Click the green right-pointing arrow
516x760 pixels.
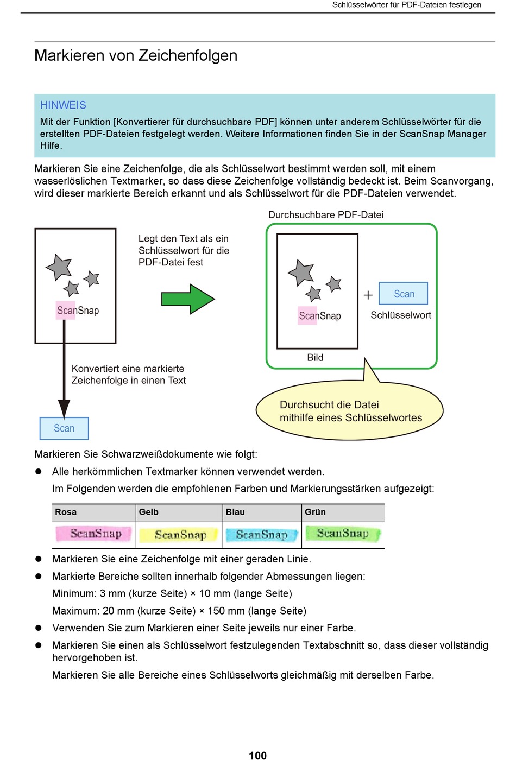click(188, 299)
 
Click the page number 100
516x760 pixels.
click(257, 755)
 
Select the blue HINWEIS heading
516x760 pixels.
click(63, 105)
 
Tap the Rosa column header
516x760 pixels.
click(66, 511)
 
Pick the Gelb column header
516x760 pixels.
click(149, 511)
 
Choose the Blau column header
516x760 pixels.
click(235, 511)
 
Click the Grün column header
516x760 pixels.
click(315, 511)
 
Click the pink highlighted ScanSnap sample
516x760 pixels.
click(93, 534)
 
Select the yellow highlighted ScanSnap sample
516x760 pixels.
click(179, 535)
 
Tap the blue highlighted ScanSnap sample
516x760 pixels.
click(261, 535)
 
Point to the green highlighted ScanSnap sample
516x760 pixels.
click(343, 533)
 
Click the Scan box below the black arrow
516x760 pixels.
click(64, 428)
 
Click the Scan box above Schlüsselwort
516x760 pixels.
click(403, 294)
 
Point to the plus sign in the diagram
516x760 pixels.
click(368, 295)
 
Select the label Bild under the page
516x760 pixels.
click(315, 357)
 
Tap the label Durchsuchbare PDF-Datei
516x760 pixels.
click(326, 215)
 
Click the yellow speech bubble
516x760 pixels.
click(350, 410)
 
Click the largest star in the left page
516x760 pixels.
click(59, 267)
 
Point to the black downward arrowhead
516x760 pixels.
click(64, 409)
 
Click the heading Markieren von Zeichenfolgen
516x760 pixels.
click(136, 55)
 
